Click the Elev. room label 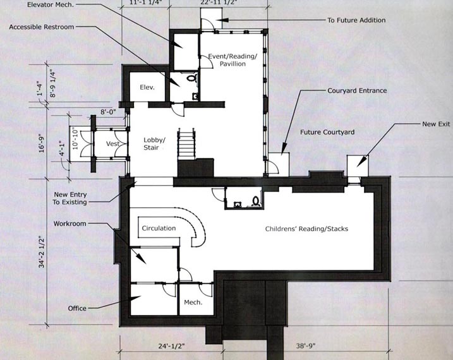[147, 87]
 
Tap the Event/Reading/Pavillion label [233, 60]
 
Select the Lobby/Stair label [154, 144]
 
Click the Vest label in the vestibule [112, 143]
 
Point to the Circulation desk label [159, 228]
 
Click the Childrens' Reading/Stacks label [306, 229]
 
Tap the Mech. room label [193, 303]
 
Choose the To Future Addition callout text [356, 20]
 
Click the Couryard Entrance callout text [357, 91]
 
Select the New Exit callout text [436, 124]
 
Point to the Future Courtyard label [327, 132]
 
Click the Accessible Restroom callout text [42, 27]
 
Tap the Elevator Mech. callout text [51, 5]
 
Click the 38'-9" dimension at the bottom [306, 345]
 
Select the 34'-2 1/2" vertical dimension [42, 252]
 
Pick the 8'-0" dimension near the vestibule [108, 111]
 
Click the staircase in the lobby [186, 144]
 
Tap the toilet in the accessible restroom [191, 78]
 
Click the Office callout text [77, 308]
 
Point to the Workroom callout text [70, 224]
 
